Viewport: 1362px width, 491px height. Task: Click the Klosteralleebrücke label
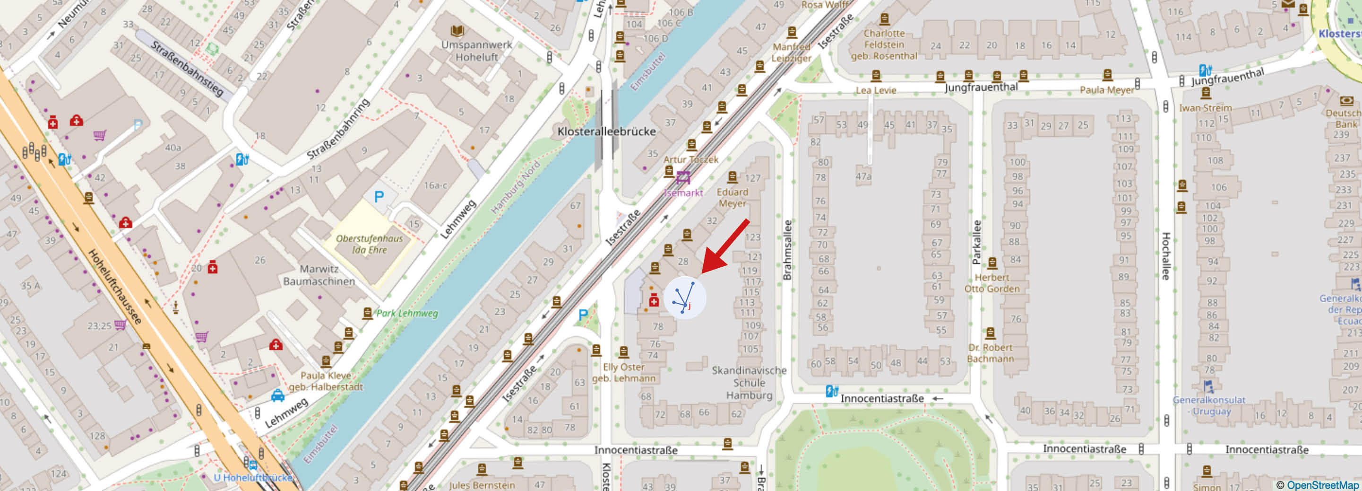click(x=606, y=131)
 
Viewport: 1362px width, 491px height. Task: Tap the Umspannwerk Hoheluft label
click(x=476, y=51)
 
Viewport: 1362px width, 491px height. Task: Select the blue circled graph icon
click(x=684, y=298)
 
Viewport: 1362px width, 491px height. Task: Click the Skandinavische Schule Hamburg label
click(x=749, y=383)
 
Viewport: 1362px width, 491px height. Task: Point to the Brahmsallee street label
click(x=787, y=250)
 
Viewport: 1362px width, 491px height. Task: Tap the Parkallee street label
click(x=976, y=242)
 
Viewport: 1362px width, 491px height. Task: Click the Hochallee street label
click(x=1166, y=256)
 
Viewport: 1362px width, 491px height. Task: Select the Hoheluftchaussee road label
click(x=115, y=286)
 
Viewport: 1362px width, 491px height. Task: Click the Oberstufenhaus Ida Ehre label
click(x=370, y=244)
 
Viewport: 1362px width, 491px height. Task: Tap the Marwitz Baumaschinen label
click(x=319, y=275)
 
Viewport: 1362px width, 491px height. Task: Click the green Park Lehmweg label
click(x=406, y=313)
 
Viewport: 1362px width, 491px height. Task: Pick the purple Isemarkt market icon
click(x=683, y=177)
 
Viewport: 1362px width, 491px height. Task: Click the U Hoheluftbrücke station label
click(x=253, y=477)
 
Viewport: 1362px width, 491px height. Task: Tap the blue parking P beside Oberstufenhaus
click(x=379, y=197)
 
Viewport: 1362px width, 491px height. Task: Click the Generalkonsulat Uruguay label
click(x=1209, y=405)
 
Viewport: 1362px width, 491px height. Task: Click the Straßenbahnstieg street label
click(x=187, y=68)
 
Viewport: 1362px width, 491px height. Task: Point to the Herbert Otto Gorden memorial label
click(x=991, y=283)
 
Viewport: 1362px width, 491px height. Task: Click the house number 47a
click(x=863, y=175)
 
